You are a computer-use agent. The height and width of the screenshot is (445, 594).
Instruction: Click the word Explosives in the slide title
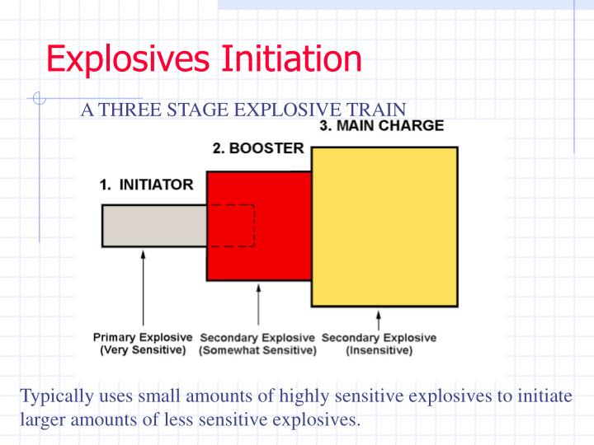129,59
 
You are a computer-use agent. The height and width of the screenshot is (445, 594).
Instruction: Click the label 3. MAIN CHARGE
381,126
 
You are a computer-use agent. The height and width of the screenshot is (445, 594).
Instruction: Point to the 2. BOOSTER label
258,149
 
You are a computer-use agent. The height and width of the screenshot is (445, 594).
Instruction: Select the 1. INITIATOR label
146,185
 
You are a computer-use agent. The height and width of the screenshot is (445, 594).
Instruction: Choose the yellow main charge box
384,227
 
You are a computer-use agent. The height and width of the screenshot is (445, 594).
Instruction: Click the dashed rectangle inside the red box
232,225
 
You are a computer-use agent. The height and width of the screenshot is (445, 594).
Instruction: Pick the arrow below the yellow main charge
379,320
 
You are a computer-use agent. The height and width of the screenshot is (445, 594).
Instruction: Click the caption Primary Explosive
143,338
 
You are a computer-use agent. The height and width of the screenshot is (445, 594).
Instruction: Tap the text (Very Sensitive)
143,350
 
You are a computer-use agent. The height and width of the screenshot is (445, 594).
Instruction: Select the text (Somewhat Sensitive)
257,350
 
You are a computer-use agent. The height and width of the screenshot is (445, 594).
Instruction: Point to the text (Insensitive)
379,350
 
